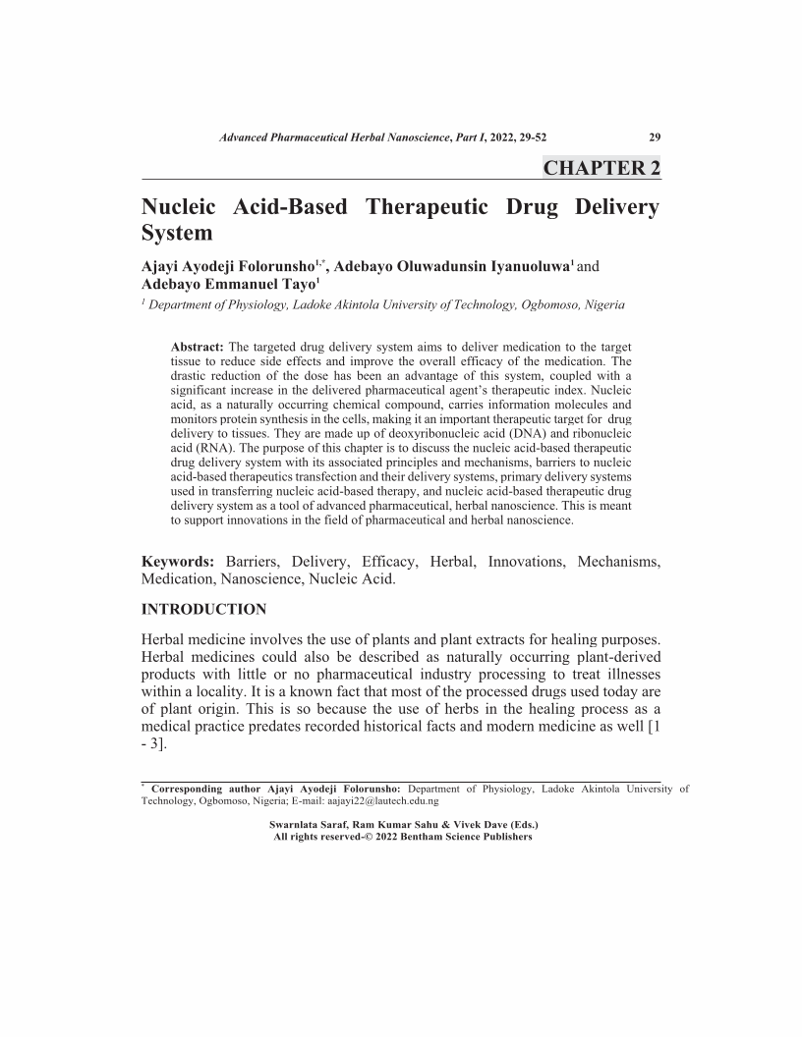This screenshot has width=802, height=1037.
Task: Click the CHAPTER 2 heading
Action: [601, 168]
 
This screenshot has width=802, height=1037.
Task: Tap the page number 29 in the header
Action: [655, 137]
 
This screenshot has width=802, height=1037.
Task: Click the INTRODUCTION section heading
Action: [204, 609]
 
